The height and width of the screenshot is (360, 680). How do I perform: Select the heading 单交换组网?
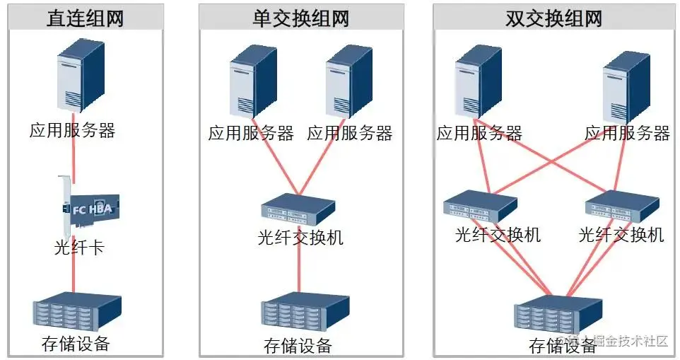301,18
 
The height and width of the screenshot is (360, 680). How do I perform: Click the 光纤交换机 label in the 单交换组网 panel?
301,237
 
